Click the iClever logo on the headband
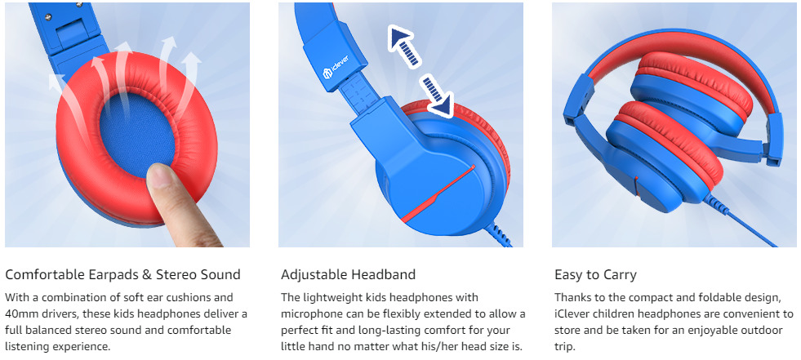tap(338, 73)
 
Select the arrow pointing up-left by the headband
tap(403, 47)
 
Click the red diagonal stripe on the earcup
tap(438, 194)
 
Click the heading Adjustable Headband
tap(348, 275)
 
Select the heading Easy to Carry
tap(595, 275)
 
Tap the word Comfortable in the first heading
tap(44, 275)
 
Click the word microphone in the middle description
tap(309, 313)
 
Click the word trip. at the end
tap(565, 347)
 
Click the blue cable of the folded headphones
tap(741, 224)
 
